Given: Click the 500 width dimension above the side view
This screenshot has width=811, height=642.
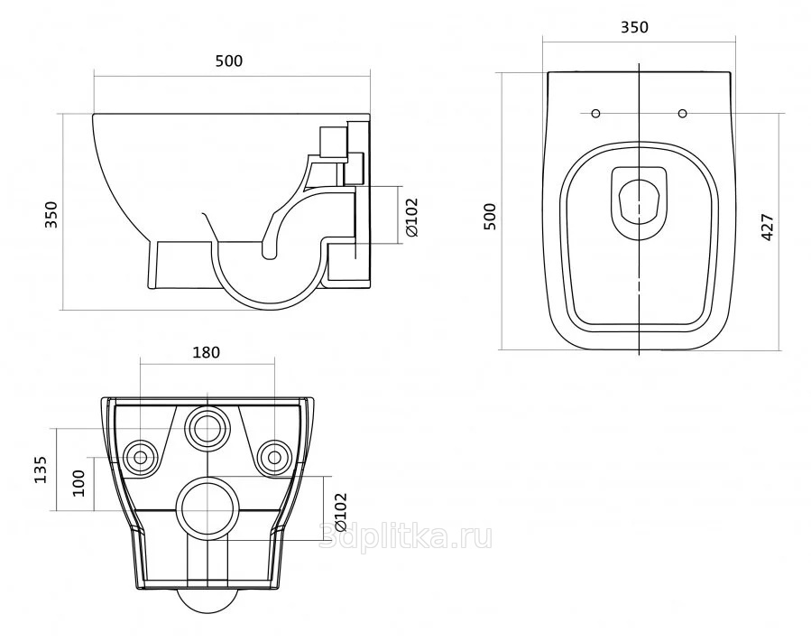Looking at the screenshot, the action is (228, 61).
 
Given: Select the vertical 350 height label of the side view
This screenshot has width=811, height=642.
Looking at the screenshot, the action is (52, 214).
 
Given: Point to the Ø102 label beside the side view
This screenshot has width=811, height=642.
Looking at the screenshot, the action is (411, 218).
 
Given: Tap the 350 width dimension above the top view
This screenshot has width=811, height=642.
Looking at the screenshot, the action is (634, 27).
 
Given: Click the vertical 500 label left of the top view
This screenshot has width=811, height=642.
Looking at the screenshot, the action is (489, 217).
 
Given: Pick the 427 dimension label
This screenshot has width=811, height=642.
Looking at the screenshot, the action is (768, 227).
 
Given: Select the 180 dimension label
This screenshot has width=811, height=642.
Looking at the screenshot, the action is (207, 352).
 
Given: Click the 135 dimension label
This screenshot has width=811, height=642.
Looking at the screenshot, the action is (41, 470).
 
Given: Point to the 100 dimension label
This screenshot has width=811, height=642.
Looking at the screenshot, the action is (78, 482).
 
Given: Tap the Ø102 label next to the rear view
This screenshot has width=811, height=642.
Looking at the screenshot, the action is (340, 513).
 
